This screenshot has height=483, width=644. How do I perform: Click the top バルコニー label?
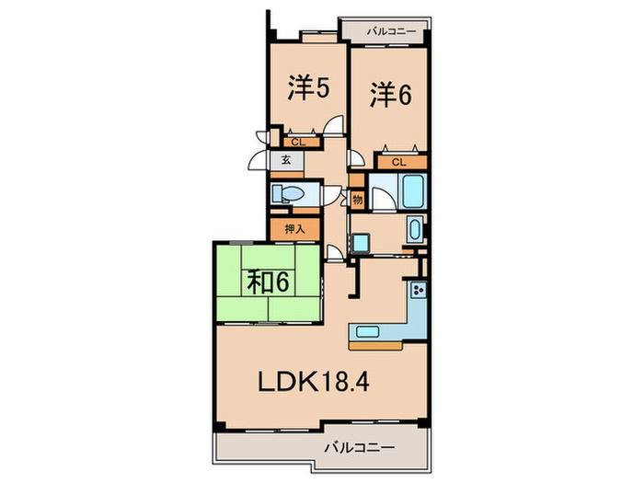391,31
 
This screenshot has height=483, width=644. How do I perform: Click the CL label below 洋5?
296,142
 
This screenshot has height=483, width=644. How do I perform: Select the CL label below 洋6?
398,162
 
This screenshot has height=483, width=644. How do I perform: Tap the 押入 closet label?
293,229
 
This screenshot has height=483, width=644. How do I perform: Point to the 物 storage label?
358,200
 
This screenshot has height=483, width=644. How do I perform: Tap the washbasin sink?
413,228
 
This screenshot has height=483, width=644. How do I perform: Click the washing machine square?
361,243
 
